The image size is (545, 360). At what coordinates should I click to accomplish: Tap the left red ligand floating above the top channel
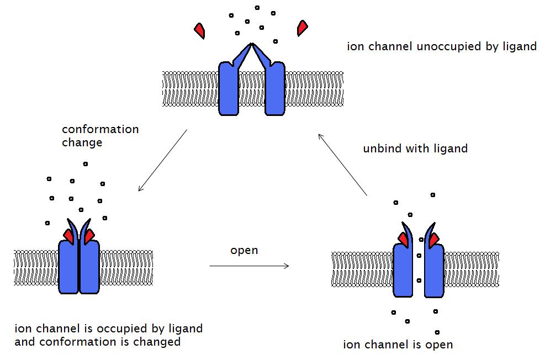click(x=200, y=30)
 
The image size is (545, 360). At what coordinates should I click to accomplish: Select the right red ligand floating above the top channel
click(x=302, y=28)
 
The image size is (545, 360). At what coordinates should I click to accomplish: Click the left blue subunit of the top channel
click(x=228, y=88)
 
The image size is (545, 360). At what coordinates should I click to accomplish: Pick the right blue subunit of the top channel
click(x=275, y=88)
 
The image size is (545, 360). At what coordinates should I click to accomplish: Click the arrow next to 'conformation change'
click(x=162, y=161)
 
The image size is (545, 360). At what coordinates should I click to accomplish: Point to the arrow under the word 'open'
click(x=249, y=266)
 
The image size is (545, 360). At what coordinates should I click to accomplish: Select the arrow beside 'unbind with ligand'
click(x=343, y=164)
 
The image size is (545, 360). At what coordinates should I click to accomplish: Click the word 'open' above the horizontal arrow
click(x=244, y=250)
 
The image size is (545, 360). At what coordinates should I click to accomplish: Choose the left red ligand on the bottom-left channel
click(x=69, y=236)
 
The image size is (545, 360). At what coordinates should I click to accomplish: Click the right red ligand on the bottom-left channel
click(x=89, y=236)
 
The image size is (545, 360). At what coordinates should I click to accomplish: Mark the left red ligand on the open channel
click(x=404, y=239)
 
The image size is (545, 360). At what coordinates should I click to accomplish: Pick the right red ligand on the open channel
click(x=433, y=239)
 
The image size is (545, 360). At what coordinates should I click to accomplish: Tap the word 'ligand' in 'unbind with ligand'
click(x=451, y=149)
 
